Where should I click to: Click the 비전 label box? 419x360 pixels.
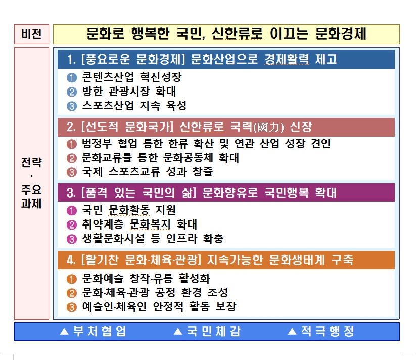pyautogui.click(x=31, y=34)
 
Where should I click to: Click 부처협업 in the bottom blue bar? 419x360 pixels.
pyautogui.click(x=100, y=332)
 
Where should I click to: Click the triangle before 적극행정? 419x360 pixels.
pyautogui.click(x=291, y=332)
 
